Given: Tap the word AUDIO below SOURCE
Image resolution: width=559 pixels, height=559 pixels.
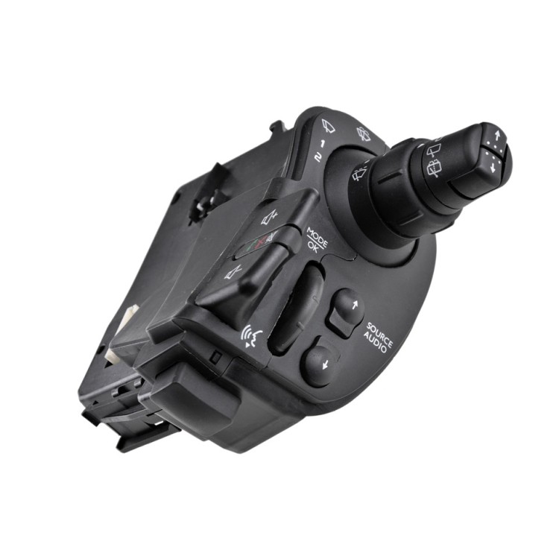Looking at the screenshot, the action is pyautogui.click(x=376, y=342).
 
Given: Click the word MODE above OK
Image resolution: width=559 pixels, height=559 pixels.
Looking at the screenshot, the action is pyautogui.click(x=318, y=237).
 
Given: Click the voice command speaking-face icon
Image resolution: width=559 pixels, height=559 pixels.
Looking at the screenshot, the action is pyautogui.click(x=252, y=337).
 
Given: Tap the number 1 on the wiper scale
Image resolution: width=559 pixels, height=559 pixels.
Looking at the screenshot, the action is pyautogui.click(x=322, y=144).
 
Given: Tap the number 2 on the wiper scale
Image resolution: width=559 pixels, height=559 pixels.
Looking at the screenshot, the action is pyautogui.click(x=318, y=157).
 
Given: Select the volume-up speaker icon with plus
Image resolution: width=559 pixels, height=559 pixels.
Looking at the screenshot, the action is pyautogui.click(x=270, y=216).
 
